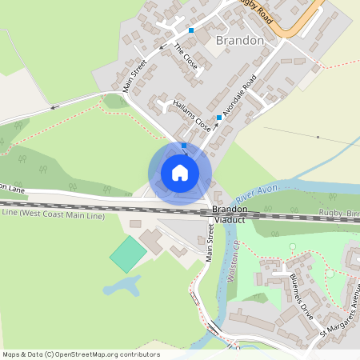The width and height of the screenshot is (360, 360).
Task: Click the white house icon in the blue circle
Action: (x=180, y=173)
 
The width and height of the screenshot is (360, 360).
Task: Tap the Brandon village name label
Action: (x=240, y=40)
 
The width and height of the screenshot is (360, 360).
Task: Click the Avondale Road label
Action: (x=238, y=96)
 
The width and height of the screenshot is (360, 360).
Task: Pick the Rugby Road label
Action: (x=255, y=10)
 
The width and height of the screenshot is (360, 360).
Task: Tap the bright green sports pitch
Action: (x=128, y=252)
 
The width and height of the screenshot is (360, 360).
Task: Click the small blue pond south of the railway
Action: (x=121, y=286)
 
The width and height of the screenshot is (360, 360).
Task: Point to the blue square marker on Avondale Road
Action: (x=218, y=117)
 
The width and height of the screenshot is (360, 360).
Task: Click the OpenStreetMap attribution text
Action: (x=81, y=354)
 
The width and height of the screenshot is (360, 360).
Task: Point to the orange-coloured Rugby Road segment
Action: (x=296, y=24)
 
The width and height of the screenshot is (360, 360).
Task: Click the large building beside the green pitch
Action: (x=152, y=239)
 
